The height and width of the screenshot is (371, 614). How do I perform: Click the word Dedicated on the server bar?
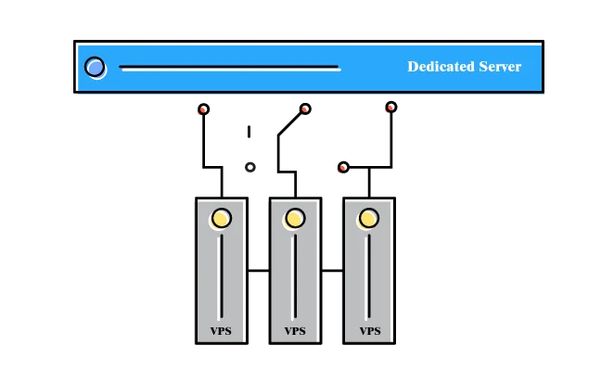440,67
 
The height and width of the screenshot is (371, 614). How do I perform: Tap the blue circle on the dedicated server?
94,67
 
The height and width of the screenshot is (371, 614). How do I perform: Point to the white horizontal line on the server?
229,68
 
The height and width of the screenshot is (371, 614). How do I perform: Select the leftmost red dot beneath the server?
204,109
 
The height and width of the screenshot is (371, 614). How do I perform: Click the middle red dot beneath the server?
304,109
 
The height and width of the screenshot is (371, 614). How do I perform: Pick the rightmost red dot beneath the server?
391,108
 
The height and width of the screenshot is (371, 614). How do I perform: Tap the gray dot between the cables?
250,167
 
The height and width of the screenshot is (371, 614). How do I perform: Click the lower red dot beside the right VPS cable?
342,168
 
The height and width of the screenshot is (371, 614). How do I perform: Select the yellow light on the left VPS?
221,219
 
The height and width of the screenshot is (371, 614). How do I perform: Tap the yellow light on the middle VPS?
295,219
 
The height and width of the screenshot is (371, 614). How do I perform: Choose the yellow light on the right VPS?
369,219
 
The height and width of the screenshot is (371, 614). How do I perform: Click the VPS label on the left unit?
221,331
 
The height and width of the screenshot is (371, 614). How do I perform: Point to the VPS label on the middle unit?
295,331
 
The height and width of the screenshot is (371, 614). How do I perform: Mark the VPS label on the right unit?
369,331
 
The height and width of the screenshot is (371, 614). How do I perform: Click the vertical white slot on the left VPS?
221,276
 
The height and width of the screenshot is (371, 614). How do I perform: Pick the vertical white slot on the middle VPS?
295,276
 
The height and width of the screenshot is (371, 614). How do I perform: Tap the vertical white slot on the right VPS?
369,276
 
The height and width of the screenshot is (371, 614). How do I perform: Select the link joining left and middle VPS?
259,271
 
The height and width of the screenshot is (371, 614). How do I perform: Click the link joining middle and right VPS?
333,271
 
